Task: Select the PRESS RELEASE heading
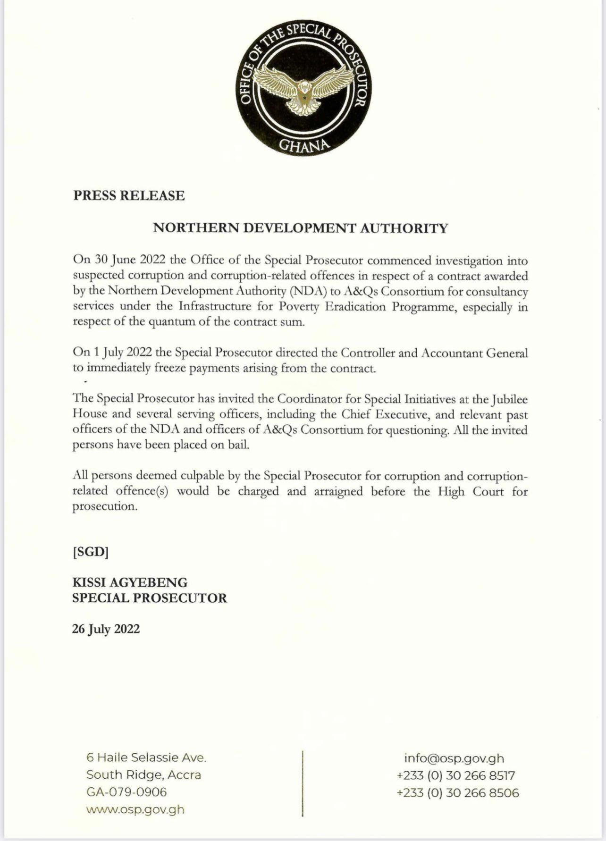(129, 195)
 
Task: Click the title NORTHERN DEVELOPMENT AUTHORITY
(301, 228)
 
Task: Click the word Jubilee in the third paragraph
(509, 399)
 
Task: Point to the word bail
(238, 445)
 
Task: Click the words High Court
(471, 491)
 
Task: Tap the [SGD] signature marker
(91, 552)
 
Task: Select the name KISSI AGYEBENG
(130, 583)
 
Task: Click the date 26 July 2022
(106, 629)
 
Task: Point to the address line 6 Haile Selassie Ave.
(146, 758)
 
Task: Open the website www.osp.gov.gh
(135, 810)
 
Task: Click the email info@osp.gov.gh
(454, 758)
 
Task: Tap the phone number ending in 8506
(458, 793)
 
